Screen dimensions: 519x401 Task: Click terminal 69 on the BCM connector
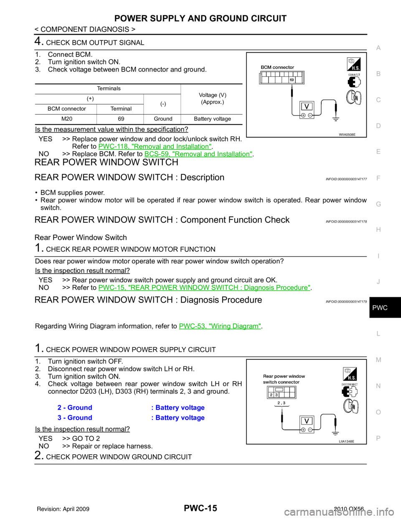tap(292, 79)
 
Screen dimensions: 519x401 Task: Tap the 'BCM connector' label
tap(277, 67)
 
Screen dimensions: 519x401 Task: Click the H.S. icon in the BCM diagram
tap(353, 64)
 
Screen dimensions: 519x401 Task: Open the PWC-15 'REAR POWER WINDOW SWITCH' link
tap(204, 287)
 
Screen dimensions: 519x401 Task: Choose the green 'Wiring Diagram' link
tap(220, 326)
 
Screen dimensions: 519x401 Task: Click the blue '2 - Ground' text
tap(75, 407)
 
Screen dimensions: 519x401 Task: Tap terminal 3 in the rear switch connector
tap(276, 395)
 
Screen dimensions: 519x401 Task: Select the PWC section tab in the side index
tap(379, 308)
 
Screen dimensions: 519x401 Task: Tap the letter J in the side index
tap(378, 282)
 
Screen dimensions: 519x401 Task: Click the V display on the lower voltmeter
tap(307, 421)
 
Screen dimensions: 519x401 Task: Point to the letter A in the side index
tap(378, 48)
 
